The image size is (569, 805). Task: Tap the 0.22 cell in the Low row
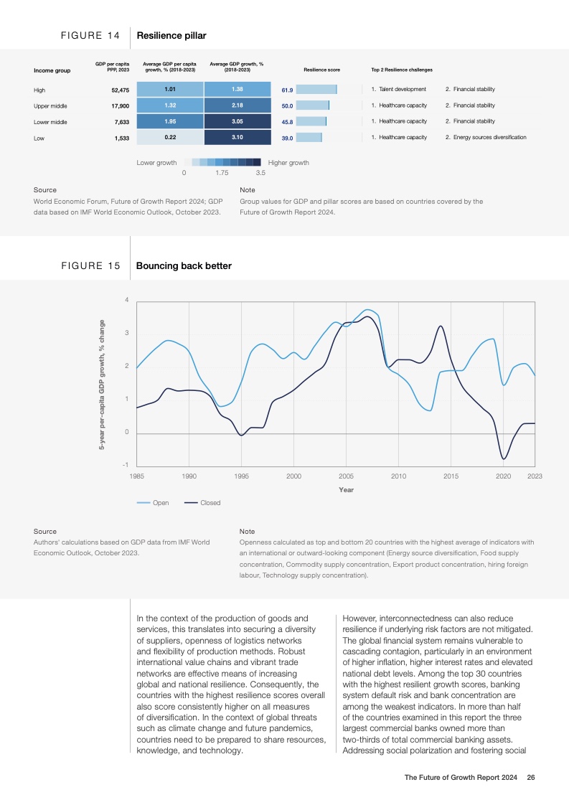coord(170,137)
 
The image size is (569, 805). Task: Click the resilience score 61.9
coord(287,90)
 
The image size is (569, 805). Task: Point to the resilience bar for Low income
coord(309,137)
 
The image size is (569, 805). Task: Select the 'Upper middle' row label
coord(50,105)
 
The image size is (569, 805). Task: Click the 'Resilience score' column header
coord(322,70)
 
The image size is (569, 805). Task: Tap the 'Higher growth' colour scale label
coord(288,163)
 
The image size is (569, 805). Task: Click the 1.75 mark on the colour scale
coord(222,173)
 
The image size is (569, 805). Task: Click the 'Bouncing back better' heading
coord(184,266)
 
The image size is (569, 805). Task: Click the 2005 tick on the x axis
coord(346,476)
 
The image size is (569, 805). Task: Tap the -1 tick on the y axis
coord(126,466)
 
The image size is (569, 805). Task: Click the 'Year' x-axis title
coord(346,490)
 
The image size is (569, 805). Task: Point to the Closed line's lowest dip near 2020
coord(504,458)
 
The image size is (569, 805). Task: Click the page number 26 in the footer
coord(531,777)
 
